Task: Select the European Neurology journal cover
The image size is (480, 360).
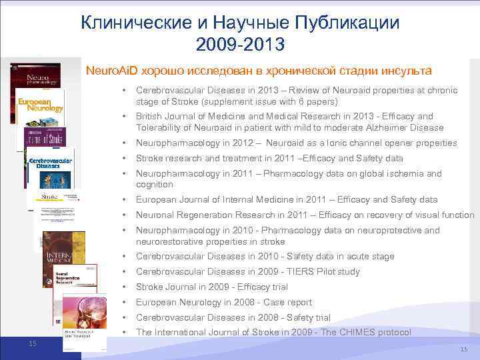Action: click(x=40, y=107)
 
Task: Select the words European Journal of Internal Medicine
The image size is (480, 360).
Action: click(x=214, y=199)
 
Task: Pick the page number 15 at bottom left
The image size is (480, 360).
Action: click(x=32, y=343)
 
